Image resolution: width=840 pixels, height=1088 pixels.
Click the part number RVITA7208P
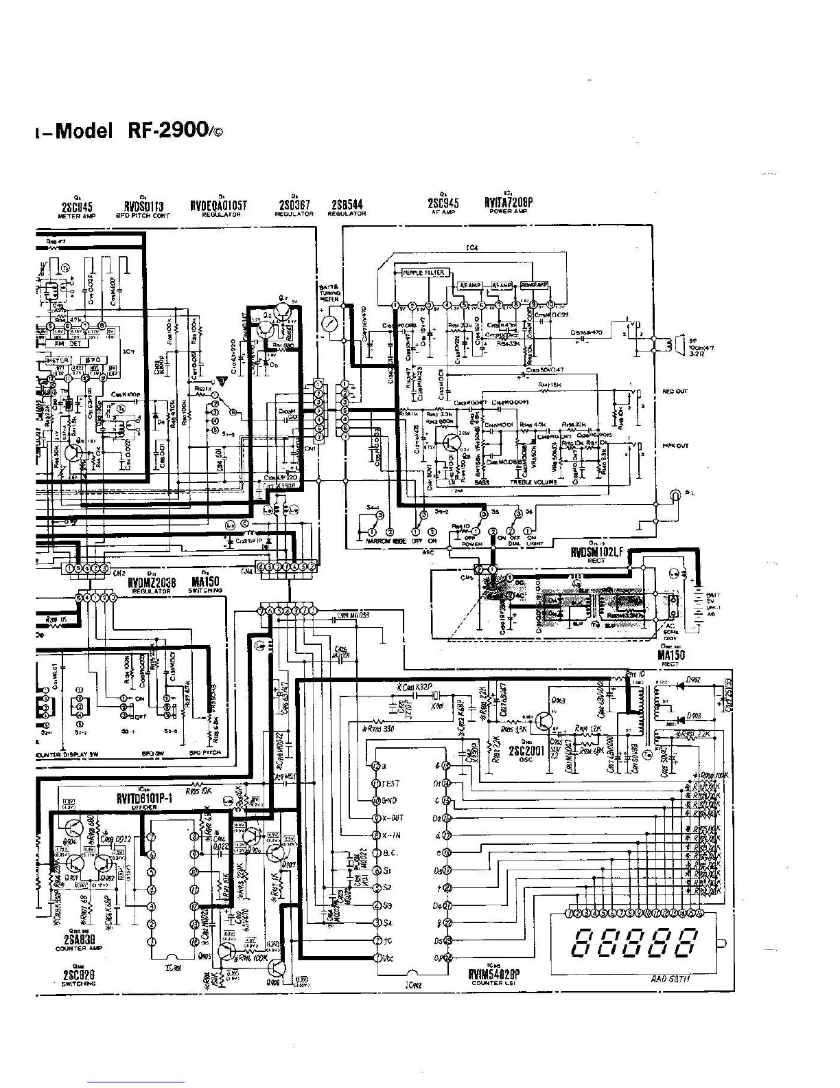tap(508, 203)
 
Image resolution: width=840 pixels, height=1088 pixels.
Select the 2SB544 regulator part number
tap(347, 205)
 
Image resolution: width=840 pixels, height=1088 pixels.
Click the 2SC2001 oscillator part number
tap(526, 751)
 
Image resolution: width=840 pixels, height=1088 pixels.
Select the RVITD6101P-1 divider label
tap(145, 798)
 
